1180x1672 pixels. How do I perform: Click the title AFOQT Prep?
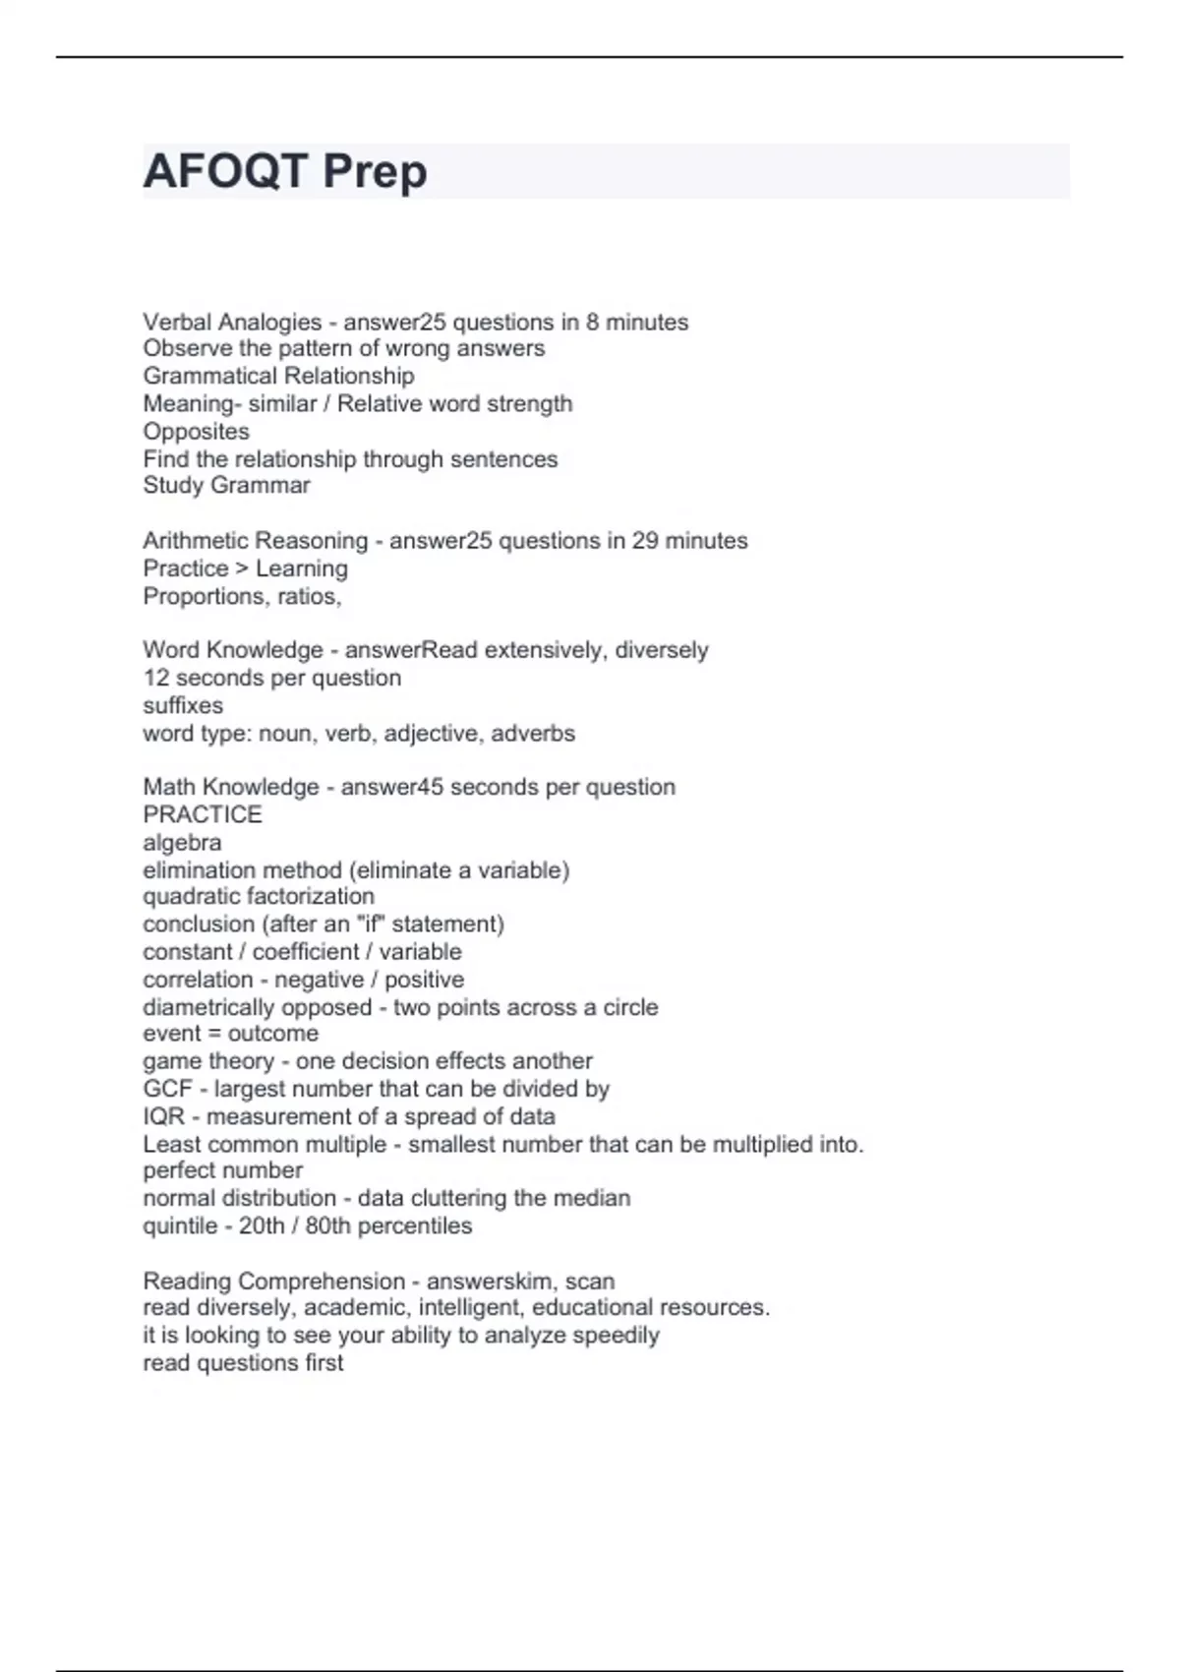[x=285, y=172]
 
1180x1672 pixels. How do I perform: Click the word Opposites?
[x=196, y=432]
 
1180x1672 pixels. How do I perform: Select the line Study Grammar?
[x=226, y=486]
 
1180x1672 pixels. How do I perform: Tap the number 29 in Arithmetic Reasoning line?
[x=645, y=541]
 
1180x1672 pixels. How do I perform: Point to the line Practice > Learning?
[x=245, y=568]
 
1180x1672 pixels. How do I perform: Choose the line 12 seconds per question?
[x=271, y=678]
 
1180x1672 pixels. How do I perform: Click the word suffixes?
[x=183, y=705]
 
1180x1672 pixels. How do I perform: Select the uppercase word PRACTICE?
[x=203, y=814]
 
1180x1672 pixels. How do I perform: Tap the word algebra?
[x=182, y=843]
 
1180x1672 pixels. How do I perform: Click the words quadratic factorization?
[x=259, y=896]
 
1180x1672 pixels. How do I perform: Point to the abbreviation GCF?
[x=167, y=1089]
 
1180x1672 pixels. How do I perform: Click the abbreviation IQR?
[x=163, y=1116]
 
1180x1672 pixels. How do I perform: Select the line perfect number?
[x=222, y=1170]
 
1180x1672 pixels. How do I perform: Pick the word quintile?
[x=180, y=1225]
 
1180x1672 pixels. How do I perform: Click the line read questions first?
[x=243, y=1363]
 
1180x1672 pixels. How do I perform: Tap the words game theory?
[x=208, y=1061]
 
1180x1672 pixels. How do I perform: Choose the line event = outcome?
[x=230, y=1034]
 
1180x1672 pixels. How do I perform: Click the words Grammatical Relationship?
[x=278, y=376]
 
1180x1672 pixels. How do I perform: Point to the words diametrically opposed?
[x=257, y=1007]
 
